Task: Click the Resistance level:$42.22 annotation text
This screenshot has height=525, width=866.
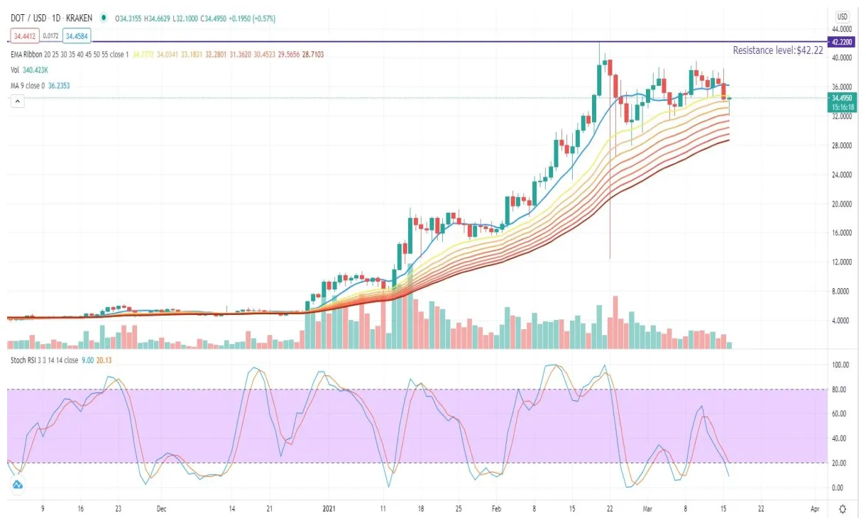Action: (777, 50)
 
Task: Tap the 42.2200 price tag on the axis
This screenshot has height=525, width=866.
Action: (842, 42)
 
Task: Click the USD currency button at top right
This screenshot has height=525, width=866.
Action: (843, 16)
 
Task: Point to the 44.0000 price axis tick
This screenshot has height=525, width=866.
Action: (841, 28)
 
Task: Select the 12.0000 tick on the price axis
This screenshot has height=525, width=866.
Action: (841, 262)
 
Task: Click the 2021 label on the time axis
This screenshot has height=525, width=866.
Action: (329, 509)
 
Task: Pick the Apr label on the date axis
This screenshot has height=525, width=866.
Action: (814, 509)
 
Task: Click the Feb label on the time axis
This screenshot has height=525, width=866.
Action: (496, 509)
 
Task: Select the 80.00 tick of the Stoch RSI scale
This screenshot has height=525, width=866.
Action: (841, 389)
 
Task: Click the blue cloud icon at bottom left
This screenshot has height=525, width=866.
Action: (18, 485)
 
